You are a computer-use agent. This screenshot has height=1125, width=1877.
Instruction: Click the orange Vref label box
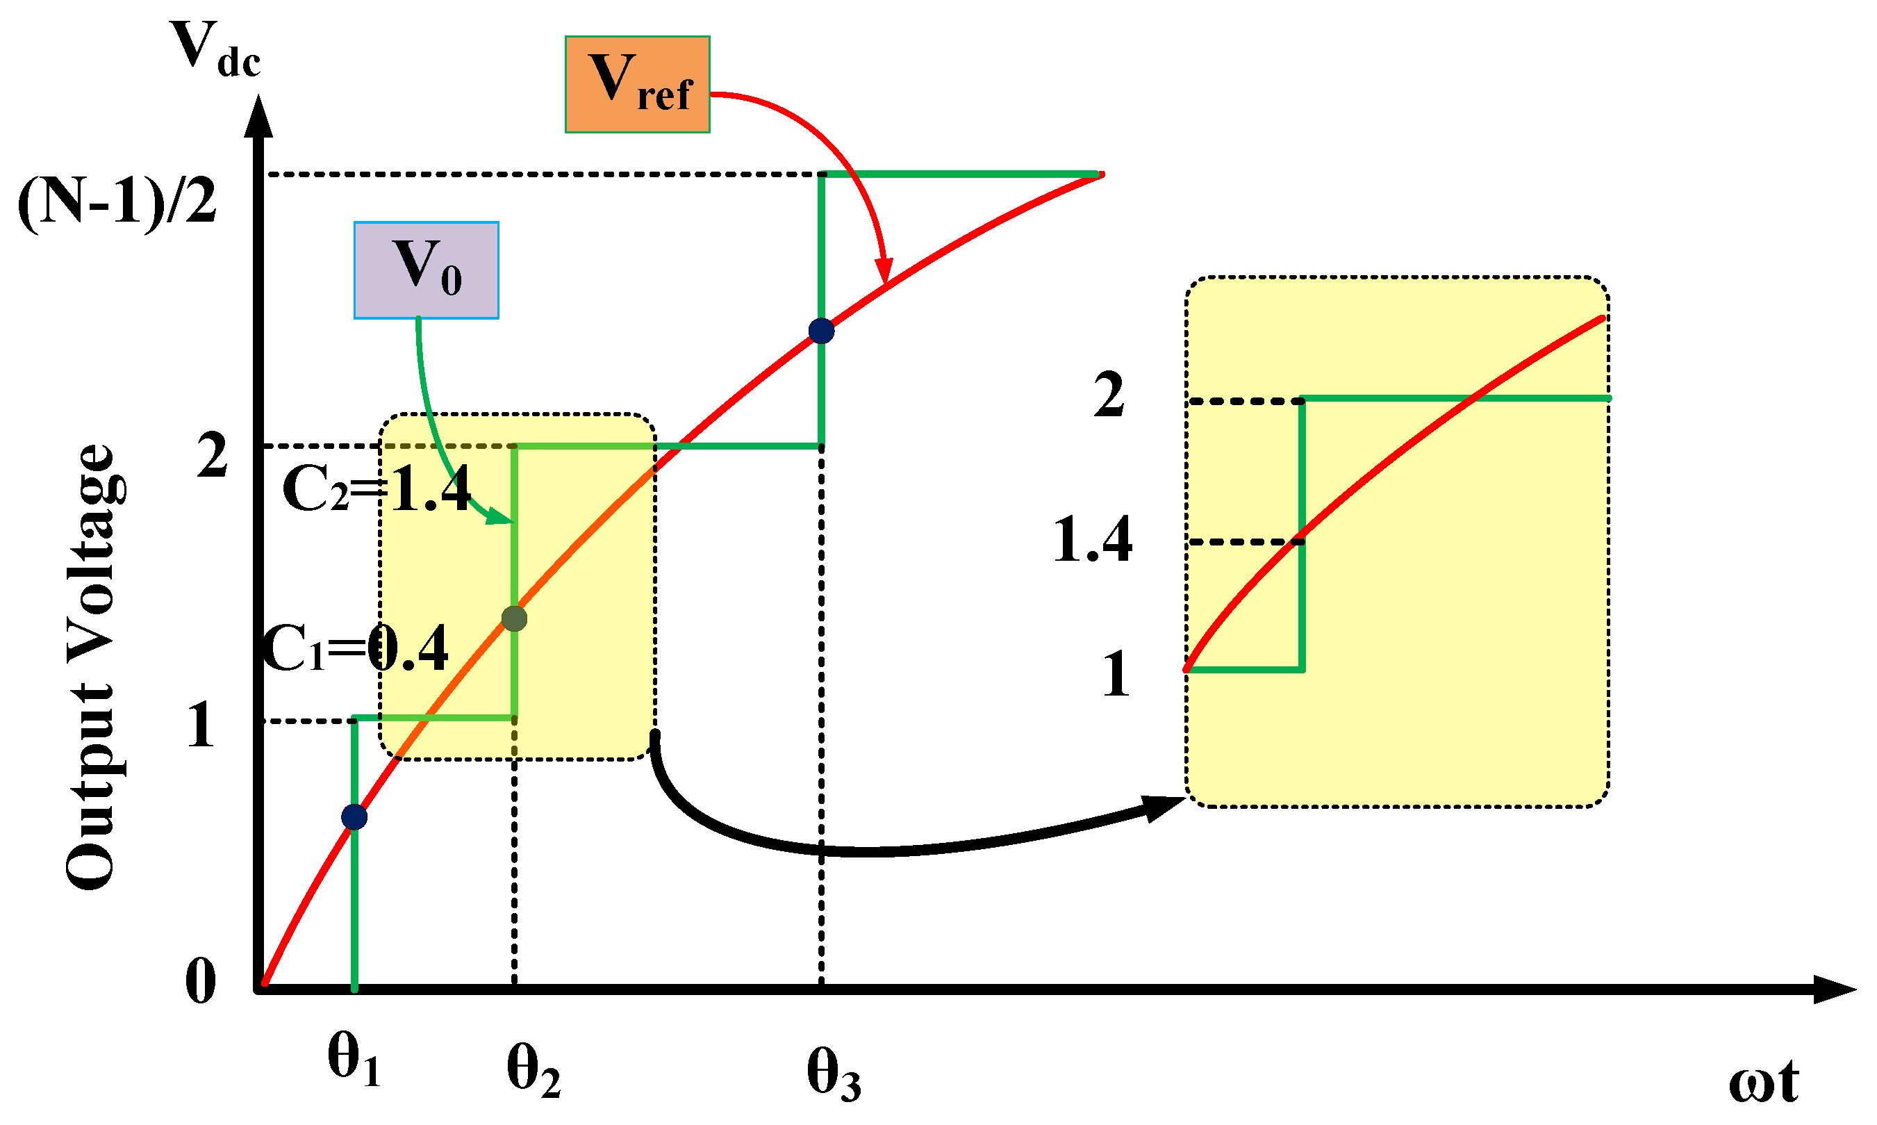pos(636,84)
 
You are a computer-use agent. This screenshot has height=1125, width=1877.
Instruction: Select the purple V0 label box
pos(426,270)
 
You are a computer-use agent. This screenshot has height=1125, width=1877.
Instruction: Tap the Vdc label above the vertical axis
pos(216,50)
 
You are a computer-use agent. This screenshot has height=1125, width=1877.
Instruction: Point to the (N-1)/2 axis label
pos(117,202)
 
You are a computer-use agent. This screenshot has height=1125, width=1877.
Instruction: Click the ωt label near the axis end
pos(1762,1083)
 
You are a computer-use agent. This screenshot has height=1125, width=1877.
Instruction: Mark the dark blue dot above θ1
pos(354,817)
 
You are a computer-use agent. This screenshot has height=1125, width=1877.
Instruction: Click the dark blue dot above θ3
pos(821,331)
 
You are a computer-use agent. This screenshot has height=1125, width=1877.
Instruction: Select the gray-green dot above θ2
pos(515,618)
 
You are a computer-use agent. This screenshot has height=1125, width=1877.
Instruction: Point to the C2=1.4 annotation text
pos(377,489)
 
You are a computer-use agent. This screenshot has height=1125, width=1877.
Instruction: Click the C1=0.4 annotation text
pos(355,649)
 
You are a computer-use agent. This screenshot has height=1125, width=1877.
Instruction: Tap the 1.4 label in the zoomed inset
pos(1092,540)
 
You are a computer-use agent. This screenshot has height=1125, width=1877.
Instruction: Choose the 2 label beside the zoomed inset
pos(1109,395)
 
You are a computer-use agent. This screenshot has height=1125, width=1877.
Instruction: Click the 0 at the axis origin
pos(201,982)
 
